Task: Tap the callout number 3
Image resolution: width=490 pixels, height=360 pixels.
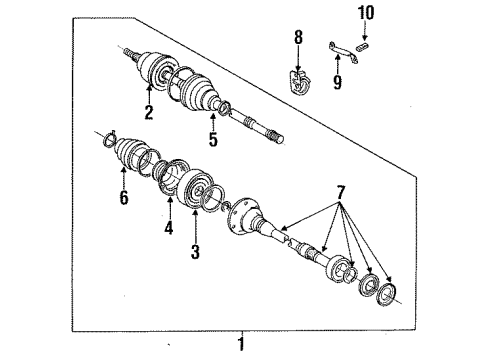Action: [194, 252]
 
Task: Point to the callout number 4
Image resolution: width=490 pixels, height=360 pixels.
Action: [169, 228]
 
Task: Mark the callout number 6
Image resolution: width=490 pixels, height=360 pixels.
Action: [124, 200]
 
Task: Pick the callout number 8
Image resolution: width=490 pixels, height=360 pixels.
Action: [296, 40]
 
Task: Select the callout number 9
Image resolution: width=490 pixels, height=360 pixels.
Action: [337, 83]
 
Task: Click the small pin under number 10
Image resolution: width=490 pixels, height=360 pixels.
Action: [367, 42]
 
